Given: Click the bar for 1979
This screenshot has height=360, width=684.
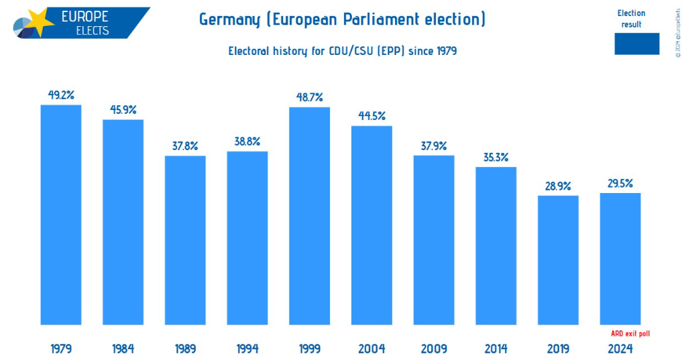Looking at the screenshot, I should tap(61, 215).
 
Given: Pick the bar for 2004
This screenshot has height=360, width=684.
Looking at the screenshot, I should tap(372, 225).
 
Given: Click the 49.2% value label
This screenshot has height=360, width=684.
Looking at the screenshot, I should tap(61, 95).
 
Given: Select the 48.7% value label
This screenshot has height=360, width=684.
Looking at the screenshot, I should tap(309, 97).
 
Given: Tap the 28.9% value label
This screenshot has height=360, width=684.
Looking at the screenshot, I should tap(558, 186).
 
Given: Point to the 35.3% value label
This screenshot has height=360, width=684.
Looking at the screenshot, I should tap(496, 158).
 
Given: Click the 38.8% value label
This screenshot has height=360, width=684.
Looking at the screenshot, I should tap(247, 141).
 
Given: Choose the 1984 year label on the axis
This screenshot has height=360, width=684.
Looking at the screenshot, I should tap(123, 349).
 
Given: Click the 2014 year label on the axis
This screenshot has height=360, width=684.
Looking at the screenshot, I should tap(496, 349).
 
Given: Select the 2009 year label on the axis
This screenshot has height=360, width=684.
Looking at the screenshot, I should tap(434, 349).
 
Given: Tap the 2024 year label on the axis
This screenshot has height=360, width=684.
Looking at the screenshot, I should tap(620, 349).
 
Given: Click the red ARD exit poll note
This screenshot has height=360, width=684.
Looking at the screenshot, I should tap(630, 333).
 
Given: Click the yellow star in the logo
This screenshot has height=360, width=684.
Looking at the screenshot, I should tap(40, 21).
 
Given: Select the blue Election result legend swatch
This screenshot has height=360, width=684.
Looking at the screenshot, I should tap(636, 44).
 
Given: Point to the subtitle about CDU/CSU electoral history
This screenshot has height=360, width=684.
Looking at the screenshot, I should tap(342, 51).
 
